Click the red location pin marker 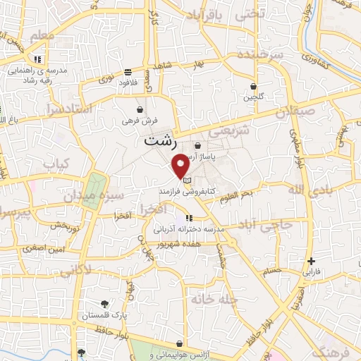[x=181, y=164]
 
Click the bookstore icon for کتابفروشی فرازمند [x=186, y=180]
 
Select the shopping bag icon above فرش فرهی [x=141, y=111]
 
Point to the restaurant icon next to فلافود [x=128, y=72]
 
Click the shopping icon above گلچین [x=252, y=86]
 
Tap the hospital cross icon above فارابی [x=312, y=261]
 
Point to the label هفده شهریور [x=181, y=243]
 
